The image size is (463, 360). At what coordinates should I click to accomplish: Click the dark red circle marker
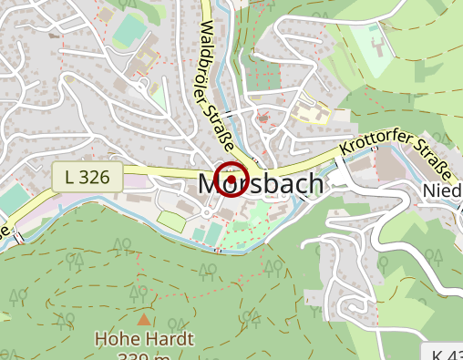(x=231, y=179)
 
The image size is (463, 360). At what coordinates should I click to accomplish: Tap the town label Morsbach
(x=260, y=185)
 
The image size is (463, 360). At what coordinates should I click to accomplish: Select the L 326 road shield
(x=87, y=177)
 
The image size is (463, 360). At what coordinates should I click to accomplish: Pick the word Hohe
(x=118, y=340)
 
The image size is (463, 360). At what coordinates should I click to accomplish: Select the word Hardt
(x=170, y=340)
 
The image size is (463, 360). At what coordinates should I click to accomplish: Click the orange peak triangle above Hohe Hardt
(x=144, y=319)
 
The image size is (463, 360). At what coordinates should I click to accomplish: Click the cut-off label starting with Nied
(x=443, y=190)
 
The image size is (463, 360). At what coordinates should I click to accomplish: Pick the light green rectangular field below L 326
(x=170, y=220)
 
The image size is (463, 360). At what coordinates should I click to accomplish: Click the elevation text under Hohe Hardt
(x=144, y=355)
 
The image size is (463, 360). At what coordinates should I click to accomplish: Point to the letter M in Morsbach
(x=211, y=185)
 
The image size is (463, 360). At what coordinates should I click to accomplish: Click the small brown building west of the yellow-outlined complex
(x=263, y=117)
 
